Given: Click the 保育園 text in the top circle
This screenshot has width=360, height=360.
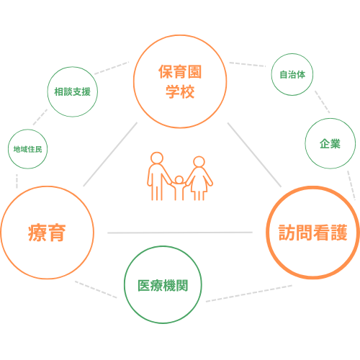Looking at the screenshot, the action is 180,71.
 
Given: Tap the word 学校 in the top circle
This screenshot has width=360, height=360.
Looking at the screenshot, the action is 180,91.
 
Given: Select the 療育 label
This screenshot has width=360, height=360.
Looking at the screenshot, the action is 47,233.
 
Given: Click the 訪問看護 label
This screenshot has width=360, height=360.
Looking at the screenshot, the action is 313,233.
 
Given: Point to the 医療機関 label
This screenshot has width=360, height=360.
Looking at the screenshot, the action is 163,285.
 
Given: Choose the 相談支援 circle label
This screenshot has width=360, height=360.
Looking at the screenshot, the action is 72,91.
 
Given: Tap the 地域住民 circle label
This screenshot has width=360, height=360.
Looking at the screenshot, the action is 27,149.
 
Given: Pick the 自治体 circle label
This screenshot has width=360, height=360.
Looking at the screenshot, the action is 292,74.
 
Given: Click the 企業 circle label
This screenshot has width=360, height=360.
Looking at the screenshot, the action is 330,143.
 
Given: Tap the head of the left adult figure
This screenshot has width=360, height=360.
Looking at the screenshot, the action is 157,158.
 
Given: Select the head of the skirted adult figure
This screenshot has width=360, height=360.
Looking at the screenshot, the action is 199,161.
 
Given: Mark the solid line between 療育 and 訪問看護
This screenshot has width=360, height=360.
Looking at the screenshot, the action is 180,233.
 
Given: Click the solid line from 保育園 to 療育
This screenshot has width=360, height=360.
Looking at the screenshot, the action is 110,154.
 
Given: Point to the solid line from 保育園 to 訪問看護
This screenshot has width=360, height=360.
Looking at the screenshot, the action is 254,155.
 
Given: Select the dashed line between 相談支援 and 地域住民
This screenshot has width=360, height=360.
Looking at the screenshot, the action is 40,117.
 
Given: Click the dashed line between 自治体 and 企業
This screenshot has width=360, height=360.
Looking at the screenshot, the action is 323,102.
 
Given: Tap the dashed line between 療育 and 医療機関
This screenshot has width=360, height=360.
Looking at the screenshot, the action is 96,289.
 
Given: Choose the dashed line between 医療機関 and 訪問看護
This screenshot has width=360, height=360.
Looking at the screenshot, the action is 249,294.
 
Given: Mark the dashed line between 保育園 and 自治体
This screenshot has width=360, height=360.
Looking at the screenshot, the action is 248,64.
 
